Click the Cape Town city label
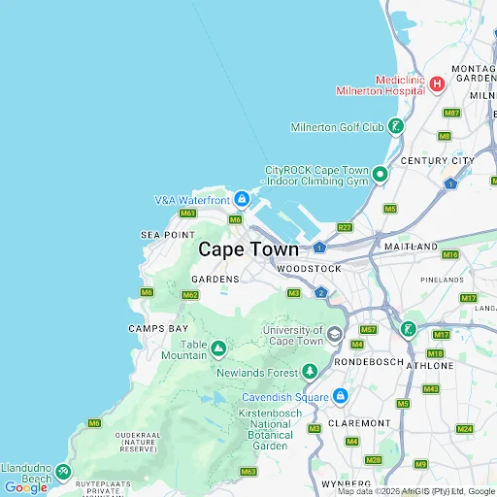click(x=248, y=249)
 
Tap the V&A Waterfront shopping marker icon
click(x=241, y=201)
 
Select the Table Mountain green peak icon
click(x=218, y=348)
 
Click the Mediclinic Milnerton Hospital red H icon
click(x=437, y=83)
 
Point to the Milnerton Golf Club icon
click(x=395, y=126)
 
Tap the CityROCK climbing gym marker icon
click(x=380, y=175)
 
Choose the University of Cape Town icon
click(x=335, y=335)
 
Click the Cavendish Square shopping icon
click(x=341, y=396)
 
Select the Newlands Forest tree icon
click(x=310, y=372)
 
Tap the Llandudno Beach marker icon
click(x=62, y=472)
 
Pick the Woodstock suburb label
click(x=309, y=268)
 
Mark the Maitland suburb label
click(x=411, y=248)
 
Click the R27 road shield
click(x=345, y=227)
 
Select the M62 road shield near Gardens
click(x=190, y=295)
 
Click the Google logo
click(x=26, y=487)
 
